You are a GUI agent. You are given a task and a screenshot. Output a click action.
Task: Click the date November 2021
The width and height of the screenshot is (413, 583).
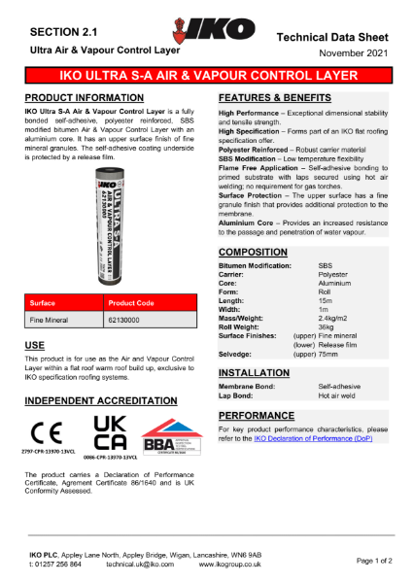pos(352,51)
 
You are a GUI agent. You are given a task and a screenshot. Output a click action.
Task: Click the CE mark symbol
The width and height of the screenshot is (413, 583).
pos(47,430)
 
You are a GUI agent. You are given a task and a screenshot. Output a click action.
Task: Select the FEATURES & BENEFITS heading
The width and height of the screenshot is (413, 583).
pos(281,99)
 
